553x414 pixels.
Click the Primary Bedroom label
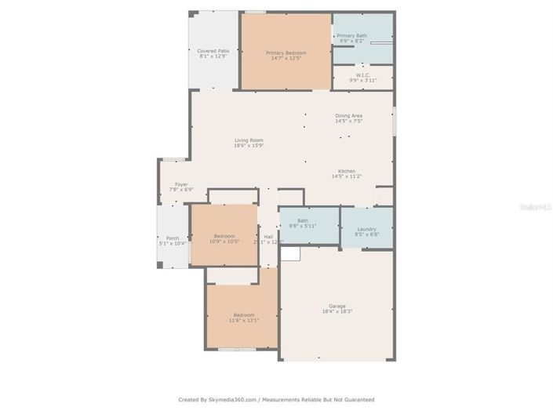point(286,53)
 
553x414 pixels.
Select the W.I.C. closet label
point(362,75)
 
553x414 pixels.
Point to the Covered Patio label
point(213,51)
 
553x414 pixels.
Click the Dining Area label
point(348,116)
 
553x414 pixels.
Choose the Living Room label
point(249,140)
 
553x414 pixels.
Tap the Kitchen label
point(347,171)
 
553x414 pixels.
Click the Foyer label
point(181,184)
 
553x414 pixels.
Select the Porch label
point(173,238)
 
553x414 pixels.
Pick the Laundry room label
point(367,229)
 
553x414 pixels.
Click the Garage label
point(337,306)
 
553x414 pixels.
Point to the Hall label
point(268,236)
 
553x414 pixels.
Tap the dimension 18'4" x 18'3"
point(337,311)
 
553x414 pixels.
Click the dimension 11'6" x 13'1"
point(243,321)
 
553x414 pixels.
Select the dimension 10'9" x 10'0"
point(225,241)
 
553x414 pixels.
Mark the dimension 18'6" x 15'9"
point(249,146)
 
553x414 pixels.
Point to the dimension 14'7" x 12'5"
point(286,58)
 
